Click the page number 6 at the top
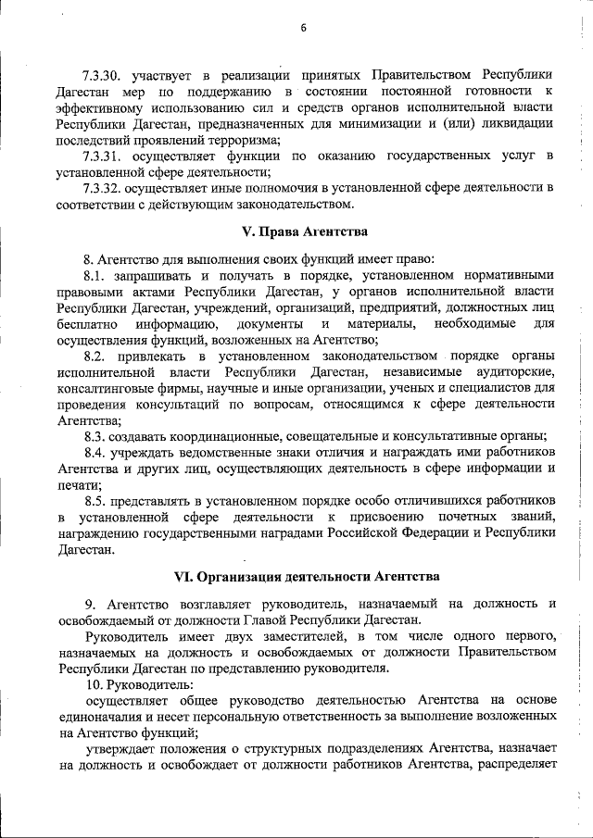(302, 27)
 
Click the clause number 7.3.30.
(102, 72)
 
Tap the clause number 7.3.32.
(102, 189)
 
